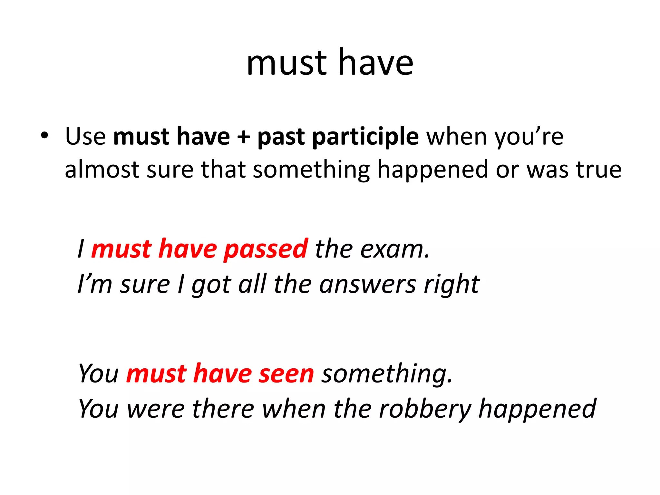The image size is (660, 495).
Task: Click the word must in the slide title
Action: click(287, 63)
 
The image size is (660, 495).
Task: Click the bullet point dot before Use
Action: click(44, 136)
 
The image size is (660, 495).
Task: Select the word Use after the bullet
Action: click(85, 136)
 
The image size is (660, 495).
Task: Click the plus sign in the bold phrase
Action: click(244, 137)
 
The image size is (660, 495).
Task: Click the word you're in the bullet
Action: click(529, 137)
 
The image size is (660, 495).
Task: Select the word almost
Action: click(102, 170)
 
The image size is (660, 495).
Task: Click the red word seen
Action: click(286, 374)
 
